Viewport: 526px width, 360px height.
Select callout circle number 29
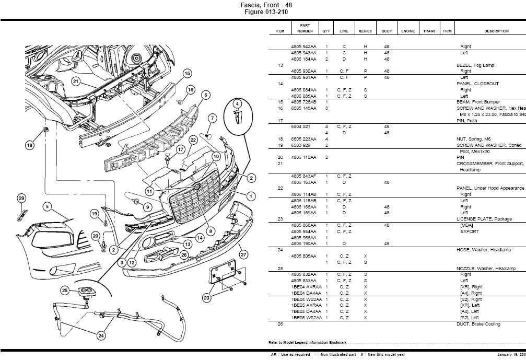21,198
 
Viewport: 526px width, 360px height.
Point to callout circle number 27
243,254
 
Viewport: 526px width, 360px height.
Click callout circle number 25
65,290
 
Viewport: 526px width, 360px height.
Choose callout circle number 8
210,230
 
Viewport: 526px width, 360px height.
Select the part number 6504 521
300,126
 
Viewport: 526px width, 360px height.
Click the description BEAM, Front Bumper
477,102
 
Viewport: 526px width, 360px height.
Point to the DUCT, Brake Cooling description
478,324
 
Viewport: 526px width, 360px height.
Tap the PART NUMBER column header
305,28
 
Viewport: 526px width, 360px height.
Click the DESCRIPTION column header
496,31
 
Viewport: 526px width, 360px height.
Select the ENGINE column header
408,31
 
